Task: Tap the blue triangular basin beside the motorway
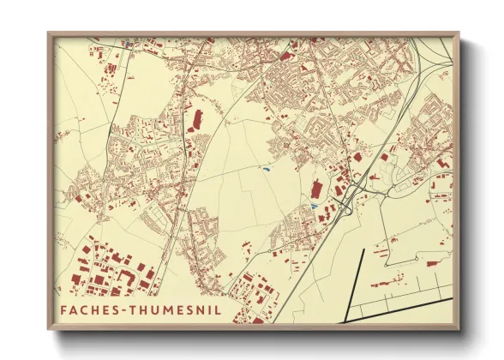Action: (315, 207)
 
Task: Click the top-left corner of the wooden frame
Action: (49, 33)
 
